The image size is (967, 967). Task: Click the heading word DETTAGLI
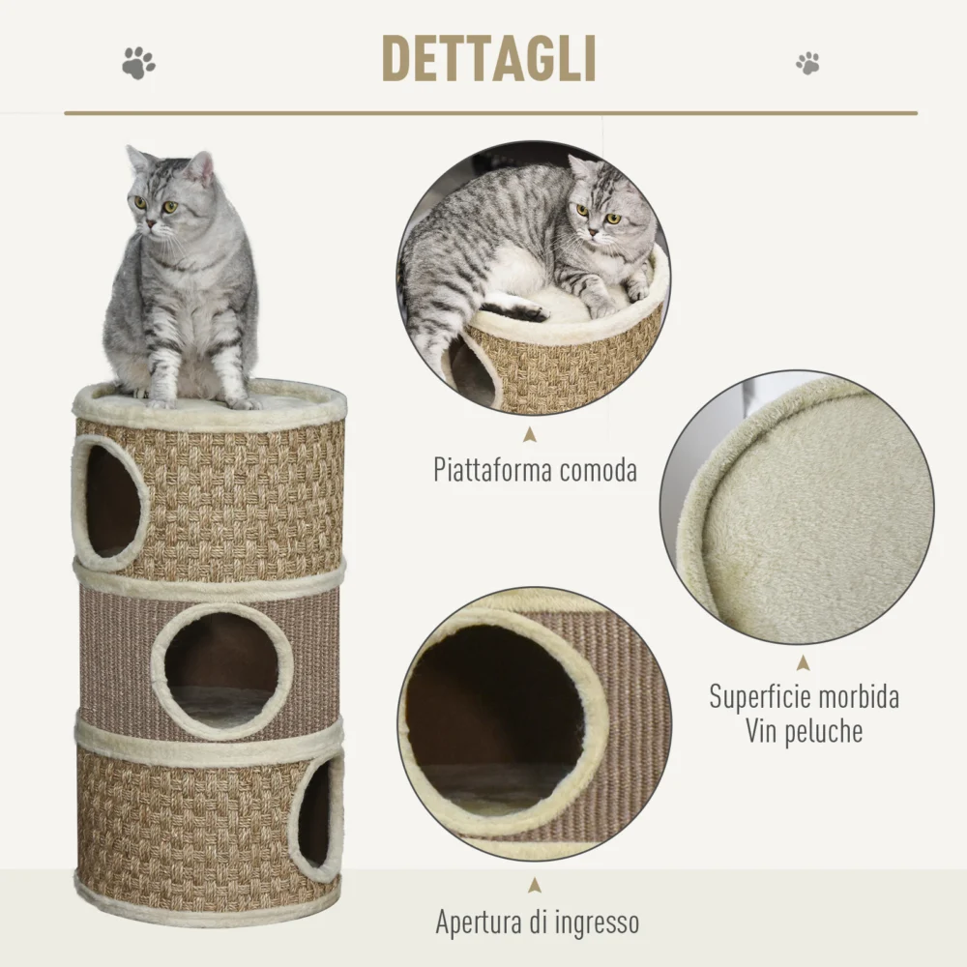[489, 59]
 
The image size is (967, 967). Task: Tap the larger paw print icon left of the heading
[138, 63]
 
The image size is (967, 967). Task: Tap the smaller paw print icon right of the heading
[807, 63]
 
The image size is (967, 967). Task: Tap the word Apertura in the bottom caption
[478, 923]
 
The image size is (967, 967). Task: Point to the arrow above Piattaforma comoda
[529, 435]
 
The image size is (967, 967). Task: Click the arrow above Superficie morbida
[803, 663]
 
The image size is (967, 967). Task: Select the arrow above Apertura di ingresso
[535, 886]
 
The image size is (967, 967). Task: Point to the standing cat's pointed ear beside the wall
[203, 166]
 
